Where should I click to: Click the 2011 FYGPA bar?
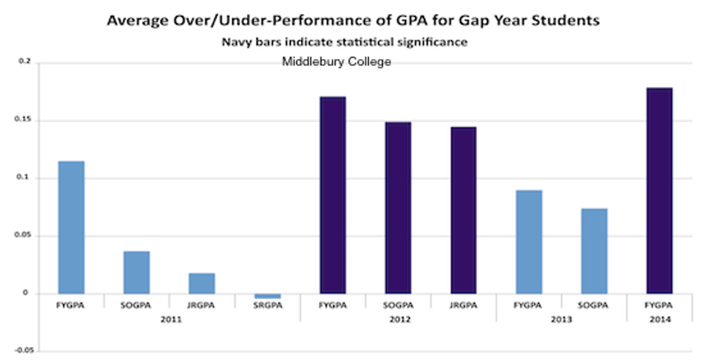pos(71,227)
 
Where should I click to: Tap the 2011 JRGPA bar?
pos(202,283)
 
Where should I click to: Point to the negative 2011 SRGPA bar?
pos(267,295)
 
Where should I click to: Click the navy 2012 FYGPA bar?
pos(333,195)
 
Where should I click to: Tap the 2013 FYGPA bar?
pos(529,241)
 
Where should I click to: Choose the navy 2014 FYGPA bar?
pos(659,190)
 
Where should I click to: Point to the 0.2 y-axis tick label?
pos(24,63)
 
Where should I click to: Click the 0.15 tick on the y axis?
pos(23,120)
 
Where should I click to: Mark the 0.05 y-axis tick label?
pos(23,236)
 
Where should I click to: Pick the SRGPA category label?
pos(267,305)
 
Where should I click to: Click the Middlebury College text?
pos(336,62)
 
